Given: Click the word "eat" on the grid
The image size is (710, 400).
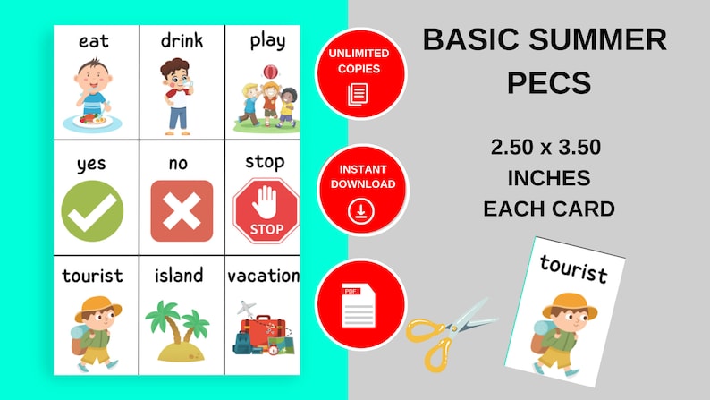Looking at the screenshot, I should tap(94, 41).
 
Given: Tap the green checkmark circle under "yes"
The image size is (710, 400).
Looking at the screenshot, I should tap(92, 211).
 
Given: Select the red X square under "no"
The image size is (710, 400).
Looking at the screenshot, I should tap(182, 211).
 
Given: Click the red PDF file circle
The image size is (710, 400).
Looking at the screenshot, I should tap(362, 304).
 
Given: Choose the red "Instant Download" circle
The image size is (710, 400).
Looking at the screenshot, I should tap(361, 190).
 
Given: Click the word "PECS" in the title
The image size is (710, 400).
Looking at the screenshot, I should tap(548, 83).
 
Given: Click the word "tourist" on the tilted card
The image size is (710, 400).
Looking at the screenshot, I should tap(573, 269).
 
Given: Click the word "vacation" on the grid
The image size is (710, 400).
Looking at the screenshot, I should tap(263, 276).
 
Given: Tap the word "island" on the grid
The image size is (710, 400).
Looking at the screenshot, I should tap(179, 275).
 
